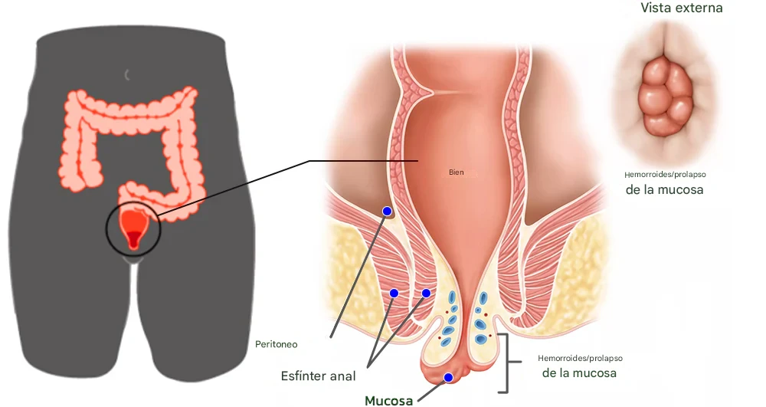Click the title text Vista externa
pyautogui.click(x=681, y=8)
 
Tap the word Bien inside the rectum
pyautogui.click(x=457, y=172)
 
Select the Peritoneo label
pyautogui.click(x=276, y=345)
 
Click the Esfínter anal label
pyautogui.click(x=319, y=376)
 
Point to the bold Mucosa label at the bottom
pyautogui.click(x=389, y=400)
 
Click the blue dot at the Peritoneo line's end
pyautogui.click(x=387, y=211)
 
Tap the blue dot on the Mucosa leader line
pyautogui.click(x=448, y=377)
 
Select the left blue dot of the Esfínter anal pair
pyautogui.click(x=394, y=293)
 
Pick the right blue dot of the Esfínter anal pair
pyautogui.click(x=426, y=293)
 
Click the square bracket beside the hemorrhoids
pyautogui.click(x=506, y=363)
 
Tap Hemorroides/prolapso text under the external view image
pyautogui.click(x=665, y=175)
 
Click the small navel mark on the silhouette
pyautogui.click(x=128, y=74)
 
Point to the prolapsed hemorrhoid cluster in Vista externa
pyautogui.click(x=665, y=96)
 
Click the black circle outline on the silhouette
pyautogui.click(x=107, y=230)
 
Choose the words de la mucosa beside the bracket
pyautogui.click(x=579, y=374)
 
